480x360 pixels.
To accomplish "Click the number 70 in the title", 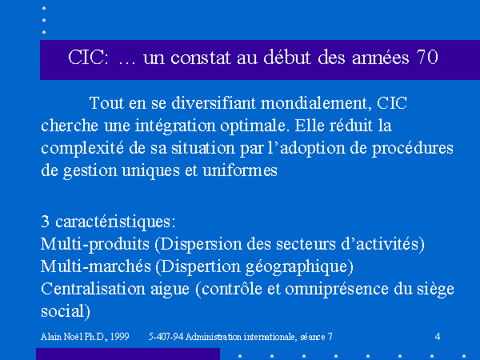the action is (x=427, y=58).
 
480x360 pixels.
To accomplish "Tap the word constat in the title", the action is (x=201, y=58).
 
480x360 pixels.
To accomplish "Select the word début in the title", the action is (x=287, y=57).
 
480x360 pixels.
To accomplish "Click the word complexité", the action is (x=82, y=148).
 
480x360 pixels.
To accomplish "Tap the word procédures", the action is (x=412, y=148).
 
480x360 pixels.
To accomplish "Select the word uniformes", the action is (x=240, y=170).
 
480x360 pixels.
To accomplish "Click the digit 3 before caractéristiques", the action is (x=45, y=222).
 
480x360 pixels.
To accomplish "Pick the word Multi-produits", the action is (x=95, y=244).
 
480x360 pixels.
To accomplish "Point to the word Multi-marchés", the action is (x=96, y=266).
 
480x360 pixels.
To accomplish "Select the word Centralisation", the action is (x=93, y=289).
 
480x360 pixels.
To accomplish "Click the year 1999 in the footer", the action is (x=119, y=337).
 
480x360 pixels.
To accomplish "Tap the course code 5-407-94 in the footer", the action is (x=166, y=337).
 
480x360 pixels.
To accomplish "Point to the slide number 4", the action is (x=438, y=337).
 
